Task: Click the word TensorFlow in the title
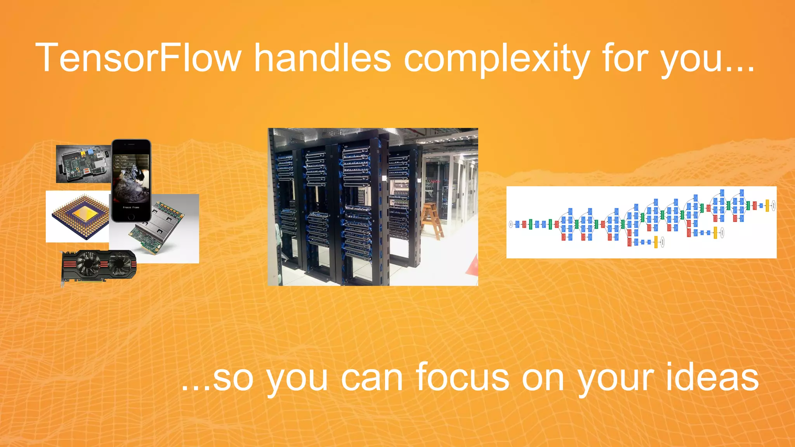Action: pos(138,58)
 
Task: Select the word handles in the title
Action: pos(322,58)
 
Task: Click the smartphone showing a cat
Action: pos(131,180)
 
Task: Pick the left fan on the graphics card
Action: pos(88,263)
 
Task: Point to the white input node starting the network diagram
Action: pos(511,224)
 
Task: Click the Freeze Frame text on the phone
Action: pos(131,208)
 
